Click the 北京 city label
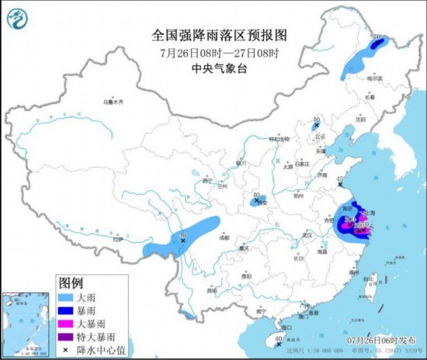click(x=314, y=137)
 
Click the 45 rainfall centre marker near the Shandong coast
click(x=340, y=183)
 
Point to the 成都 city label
click(x=224, y=238)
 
